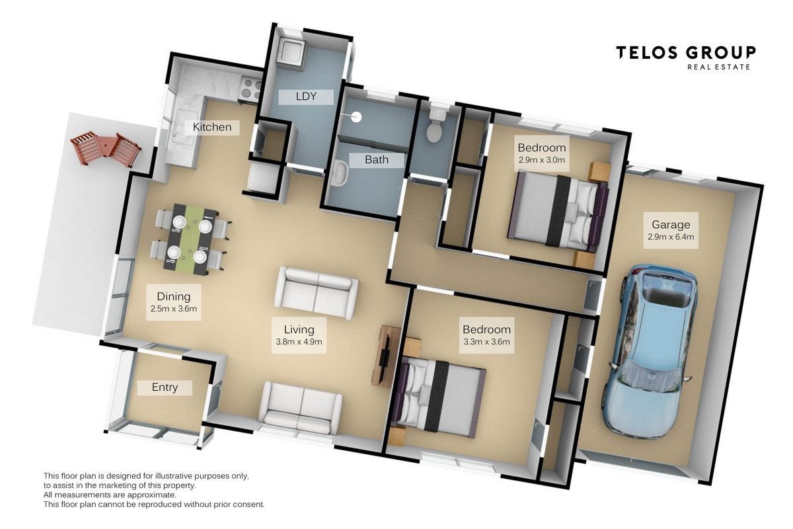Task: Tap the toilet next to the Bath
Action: [x=435, y=126]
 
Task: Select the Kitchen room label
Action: [x=212, y=127]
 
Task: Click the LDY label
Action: [x=306, y=97]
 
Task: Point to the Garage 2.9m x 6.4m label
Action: [x=671, y=230]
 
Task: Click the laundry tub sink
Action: [x=290, y=54]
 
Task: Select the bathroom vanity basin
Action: [x=340, y=174]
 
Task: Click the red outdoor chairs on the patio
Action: [x=106, y=148]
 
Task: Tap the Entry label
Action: [x=165, y=387]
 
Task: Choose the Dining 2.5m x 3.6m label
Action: [x=173, y=302]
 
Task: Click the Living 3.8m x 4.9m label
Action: [x=299, y=335]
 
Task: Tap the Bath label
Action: [x=377, y=160]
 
